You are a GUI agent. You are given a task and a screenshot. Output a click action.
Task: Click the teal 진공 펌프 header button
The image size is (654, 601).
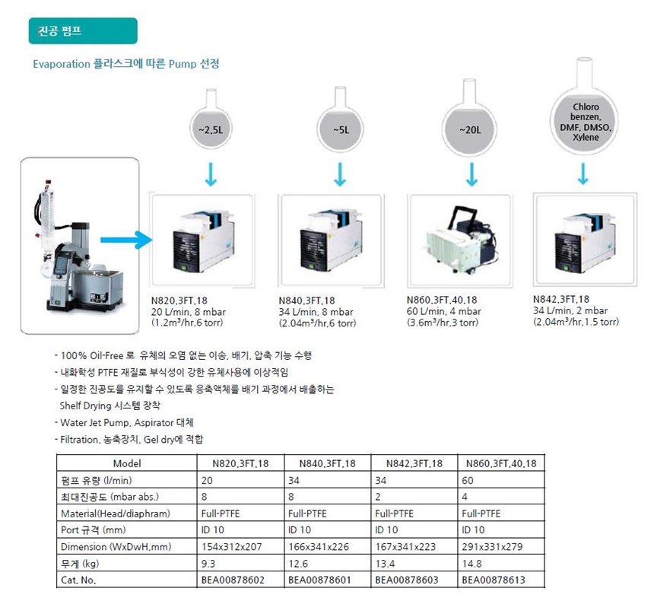83,31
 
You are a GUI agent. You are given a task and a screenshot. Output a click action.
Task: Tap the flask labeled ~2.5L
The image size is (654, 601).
211,119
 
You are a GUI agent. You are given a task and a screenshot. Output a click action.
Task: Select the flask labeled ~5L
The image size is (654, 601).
341,119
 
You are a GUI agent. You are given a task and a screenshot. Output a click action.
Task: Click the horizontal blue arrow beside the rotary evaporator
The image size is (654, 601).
126,240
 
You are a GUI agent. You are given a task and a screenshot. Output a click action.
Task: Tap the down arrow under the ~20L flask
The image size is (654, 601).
471,174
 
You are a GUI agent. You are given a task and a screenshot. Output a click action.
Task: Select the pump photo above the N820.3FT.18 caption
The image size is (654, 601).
203,241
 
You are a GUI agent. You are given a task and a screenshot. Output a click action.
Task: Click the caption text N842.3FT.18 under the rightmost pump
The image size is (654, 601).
561,299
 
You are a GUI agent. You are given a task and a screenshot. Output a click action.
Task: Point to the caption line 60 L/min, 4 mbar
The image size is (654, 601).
443,311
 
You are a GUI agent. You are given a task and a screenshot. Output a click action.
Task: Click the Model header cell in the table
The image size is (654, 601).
127,463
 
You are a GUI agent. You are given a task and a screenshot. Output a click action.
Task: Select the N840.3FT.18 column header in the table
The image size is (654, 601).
328,463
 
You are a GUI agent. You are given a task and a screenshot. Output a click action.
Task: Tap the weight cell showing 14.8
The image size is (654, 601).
471,564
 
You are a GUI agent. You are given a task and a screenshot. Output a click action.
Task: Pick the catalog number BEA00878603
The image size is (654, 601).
407,580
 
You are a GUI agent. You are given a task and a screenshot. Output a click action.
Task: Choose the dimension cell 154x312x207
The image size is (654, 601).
231,547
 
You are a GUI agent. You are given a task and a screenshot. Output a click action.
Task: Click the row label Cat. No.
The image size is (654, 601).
78,580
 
